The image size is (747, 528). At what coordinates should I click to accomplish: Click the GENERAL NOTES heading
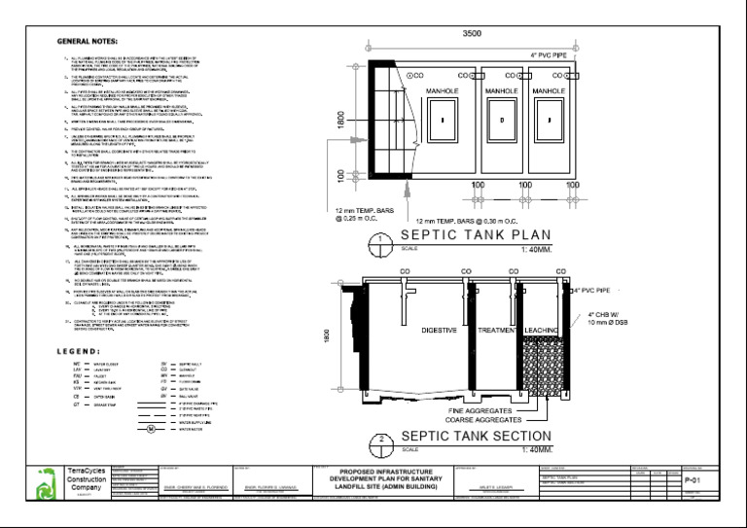click(x=86, y=42)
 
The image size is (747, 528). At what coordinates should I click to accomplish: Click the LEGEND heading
click(x=80, y=323)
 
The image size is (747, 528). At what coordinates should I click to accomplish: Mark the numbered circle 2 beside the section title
click(x=382, y=442)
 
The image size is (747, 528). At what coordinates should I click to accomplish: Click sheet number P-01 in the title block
click(x=694, y=480)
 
